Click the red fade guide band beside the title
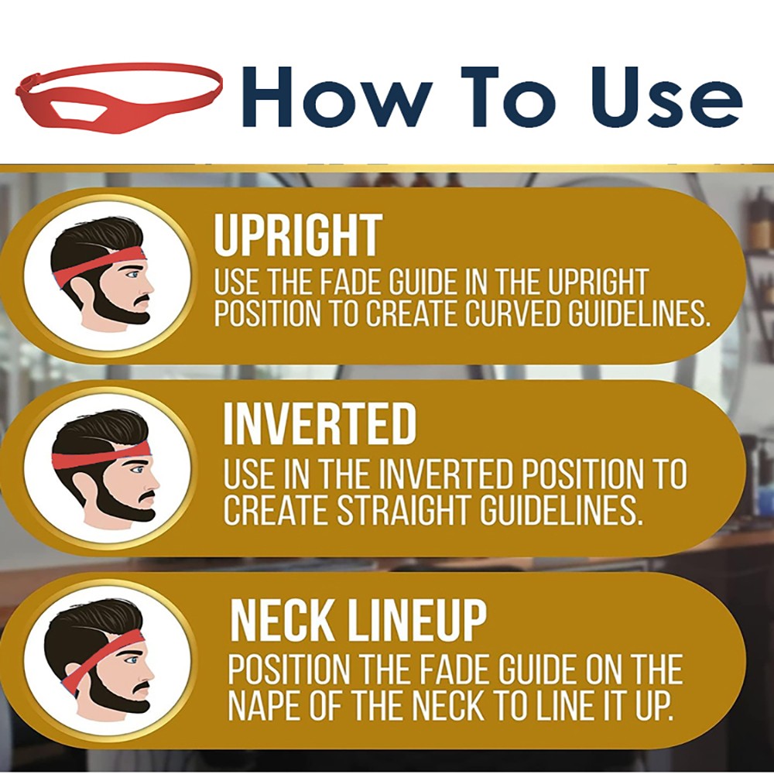(x=118, y=97)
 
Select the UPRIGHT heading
(x=298, y=235)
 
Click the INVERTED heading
(x=320, y=423)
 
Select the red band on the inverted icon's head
(x=101, y=457)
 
